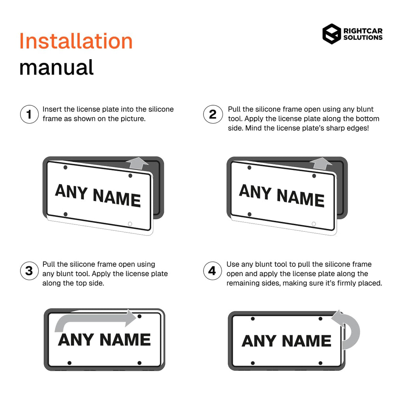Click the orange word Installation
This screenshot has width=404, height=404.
76,41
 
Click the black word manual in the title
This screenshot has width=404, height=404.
56,67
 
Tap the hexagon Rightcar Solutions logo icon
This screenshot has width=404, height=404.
331,34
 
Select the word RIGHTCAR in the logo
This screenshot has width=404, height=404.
363,31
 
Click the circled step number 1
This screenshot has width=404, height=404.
29,114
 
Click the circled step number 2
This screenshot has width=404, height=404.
213,114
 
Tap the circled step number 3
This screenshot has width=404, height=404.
29,271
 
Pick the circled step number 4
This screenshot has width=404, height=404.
212,271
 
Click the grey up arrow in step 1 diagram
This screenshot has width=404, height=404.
137,163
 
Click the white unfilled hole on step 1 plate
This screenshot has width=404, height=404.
130,224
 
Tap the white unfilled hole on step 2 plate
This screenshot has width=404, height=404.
314,224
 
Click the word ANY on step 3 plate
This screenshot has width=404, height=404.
76,340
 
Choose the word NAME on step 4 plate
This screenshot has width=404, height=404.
307,341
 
